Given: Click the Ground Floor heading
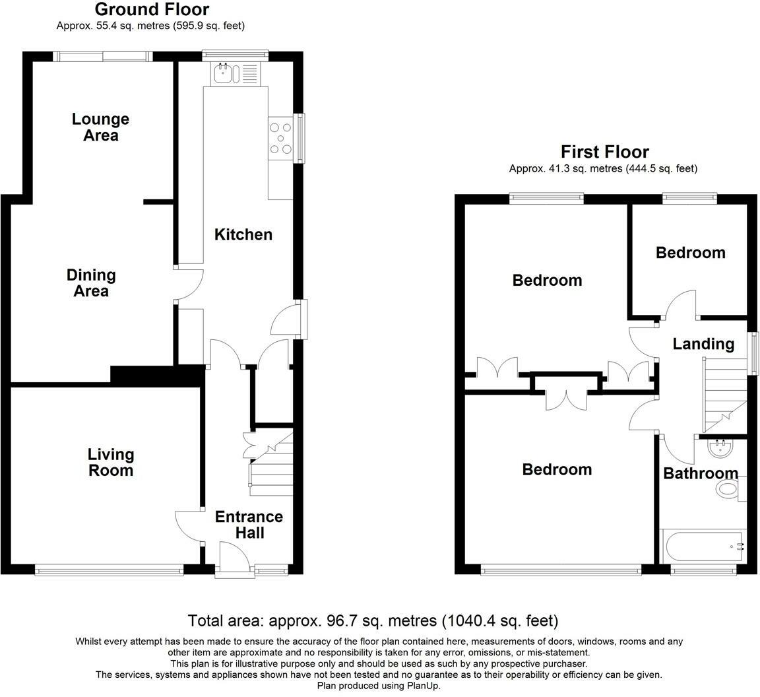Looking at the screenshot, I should [152, 10].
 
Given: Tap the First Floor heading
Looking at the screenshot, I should [604, 152].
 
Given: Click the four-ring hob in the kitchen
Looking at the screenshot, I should [281, 139].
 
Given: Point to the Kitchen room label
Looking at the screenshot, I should [243, 234].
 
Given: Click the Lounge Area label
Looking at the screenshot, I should [100, 127].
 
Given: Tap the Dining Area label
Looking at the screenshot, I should [91, 283].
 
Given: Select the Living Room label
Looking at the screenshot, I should [111, 462].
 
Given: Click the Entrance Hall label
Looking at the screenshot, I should [249, 525].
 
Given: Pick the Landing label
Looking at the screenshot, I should [703, 344].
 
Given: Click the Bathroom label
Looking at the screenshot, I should [700, 473].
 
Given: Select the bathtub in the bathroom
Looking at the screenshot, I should [703, 547].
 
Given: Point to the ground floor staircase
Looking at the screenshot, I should [270, 465].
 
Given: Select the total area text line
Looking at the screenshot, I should [373, 620].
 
